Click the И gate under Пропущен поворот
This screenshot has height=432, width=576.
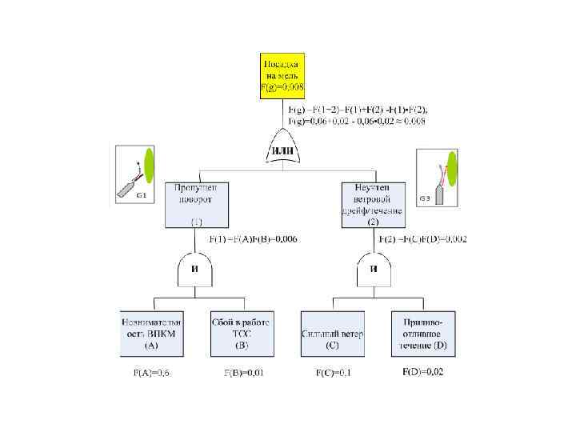point(195,270)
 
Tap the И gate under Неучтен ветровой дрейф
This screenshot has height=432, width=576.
point(373,270)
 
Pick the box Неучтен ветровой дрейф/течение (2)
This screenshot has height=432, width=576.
point(373,204)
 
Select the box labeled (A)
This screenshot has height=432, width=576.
point(150,334)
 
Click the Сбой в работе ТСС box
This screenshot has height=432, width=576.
point(242,334)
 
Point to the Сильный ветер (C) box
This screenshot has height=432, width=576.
point(332,334)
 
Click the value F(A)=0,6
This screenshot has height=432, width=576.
point(150,373)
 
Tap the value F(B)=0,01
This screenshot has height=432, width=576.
point(243,373)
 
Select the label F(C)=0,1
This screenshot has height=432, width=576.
point(333,373)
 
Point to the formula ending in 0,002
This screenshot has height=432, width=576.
point(422,238)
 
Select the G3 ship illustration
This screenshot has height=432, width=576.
point(438,178)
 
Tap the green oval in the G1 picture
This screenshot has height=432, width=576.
point(149,166)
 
